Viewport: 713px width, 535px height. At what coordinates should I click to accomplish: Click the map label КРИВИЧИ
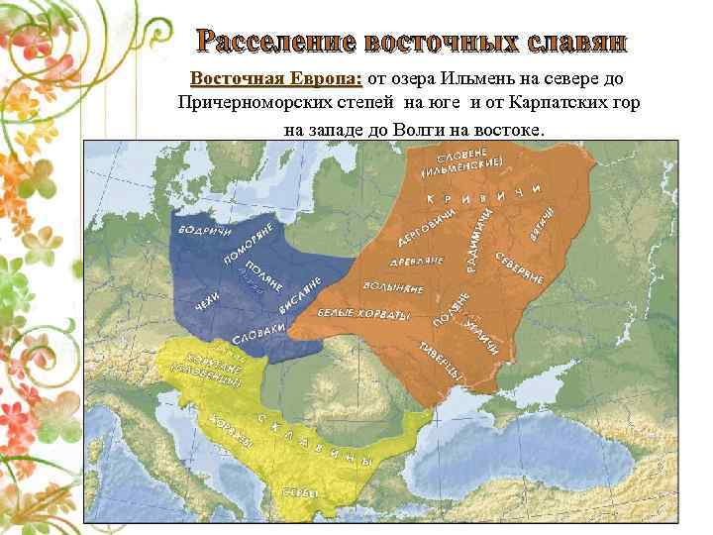click(484, 195)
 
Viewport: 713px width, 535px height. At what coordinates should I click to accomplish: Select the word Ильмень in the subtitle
click(465, 78)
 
